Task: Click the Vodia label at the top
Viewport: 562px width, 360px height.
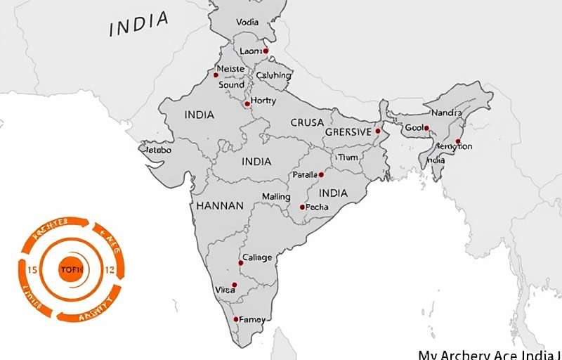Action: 247,22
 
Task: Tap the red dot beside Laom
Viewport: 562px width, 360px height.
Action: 266,51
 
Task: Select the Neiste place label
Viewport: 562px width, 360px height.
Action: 231,68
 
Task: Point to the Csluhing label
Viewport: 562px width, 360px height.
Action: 273,75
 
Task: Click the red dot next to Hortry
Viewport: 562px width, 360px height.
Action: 247,104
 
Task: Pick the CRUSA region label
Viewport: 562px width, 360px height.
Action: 307,122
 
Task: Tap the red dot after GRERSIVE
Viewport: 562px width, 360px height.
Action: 377,131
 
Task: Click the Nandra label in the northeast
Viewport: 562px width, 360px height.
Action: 446,112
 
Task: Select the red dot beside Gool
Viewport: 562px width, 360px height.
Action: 426,128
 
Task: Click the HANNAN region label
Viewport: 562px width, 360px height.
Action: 220,206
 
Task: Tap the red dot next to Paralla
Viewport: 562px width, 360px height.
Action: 321,174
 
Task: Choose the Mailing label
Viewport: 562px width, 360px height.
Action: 275,196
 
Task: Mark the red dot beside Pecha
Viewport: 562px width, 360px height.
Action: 302,207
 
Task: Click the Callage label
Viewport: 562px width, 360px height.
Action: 257,258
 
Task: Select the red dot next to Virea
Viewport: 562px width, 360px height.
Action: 235,285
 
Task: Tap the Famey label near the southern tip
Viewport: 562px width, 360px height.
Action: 252,319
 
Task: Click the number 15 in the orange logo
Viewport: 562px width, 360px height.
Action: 32,270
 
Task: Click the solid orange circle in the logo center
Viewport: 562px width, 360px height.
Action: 71,269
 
